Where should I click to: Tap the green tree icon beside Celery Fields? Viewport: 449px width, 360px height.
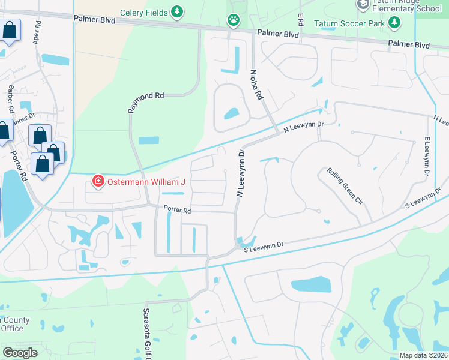point(176,11)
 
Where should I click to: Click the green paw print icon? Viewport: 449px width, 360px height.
point(232,20)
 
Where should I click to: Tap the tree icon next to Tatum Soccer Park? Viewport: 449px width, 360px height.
point(394,23)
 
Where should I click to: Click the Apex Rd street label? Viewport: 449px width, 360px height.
point(38,31)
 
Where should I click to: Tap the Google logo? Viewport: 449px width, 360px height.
point(20,353)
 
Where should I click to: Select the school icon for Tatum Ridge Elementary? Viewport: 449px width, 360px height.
point(363,5)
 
